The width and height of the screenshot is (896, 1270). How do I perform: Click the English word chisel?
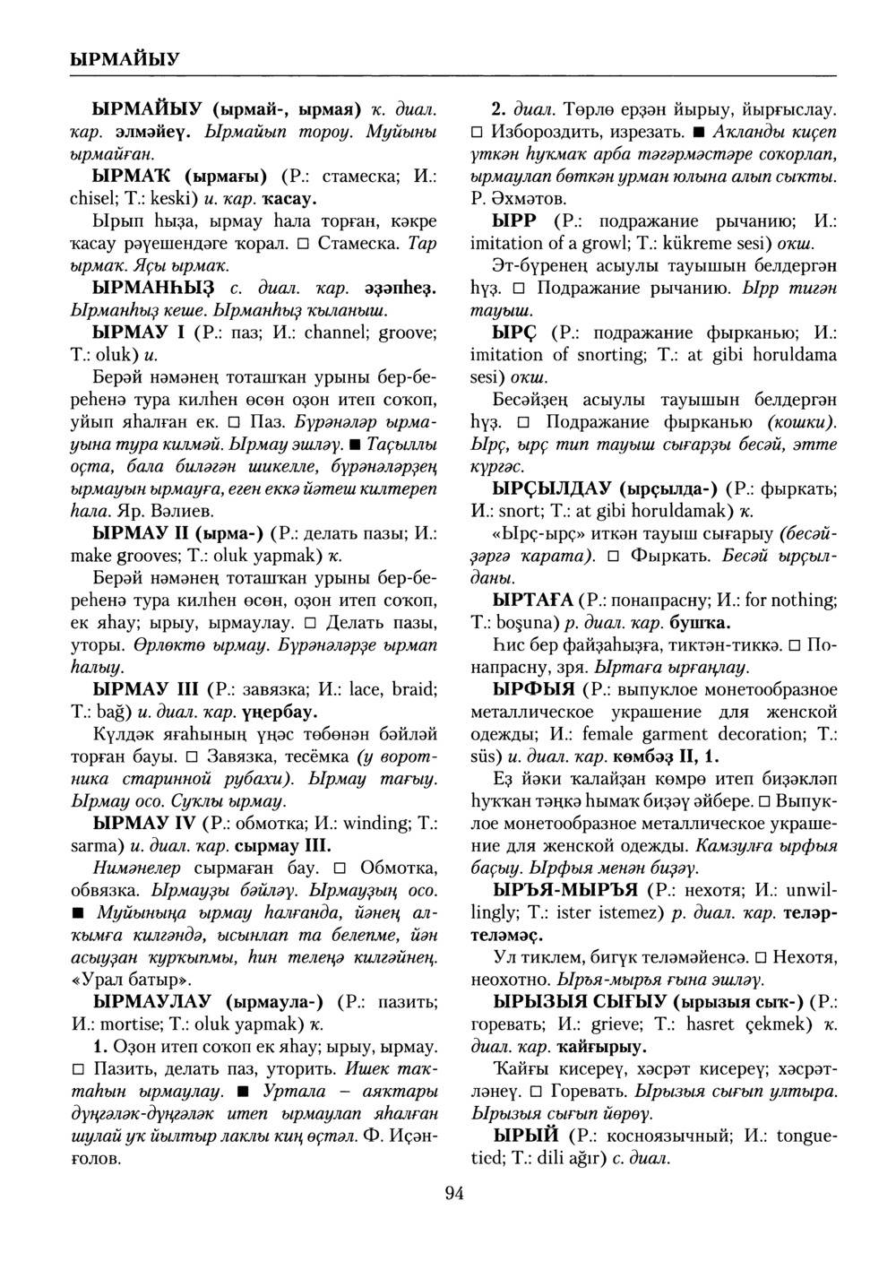pos(90,198)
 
